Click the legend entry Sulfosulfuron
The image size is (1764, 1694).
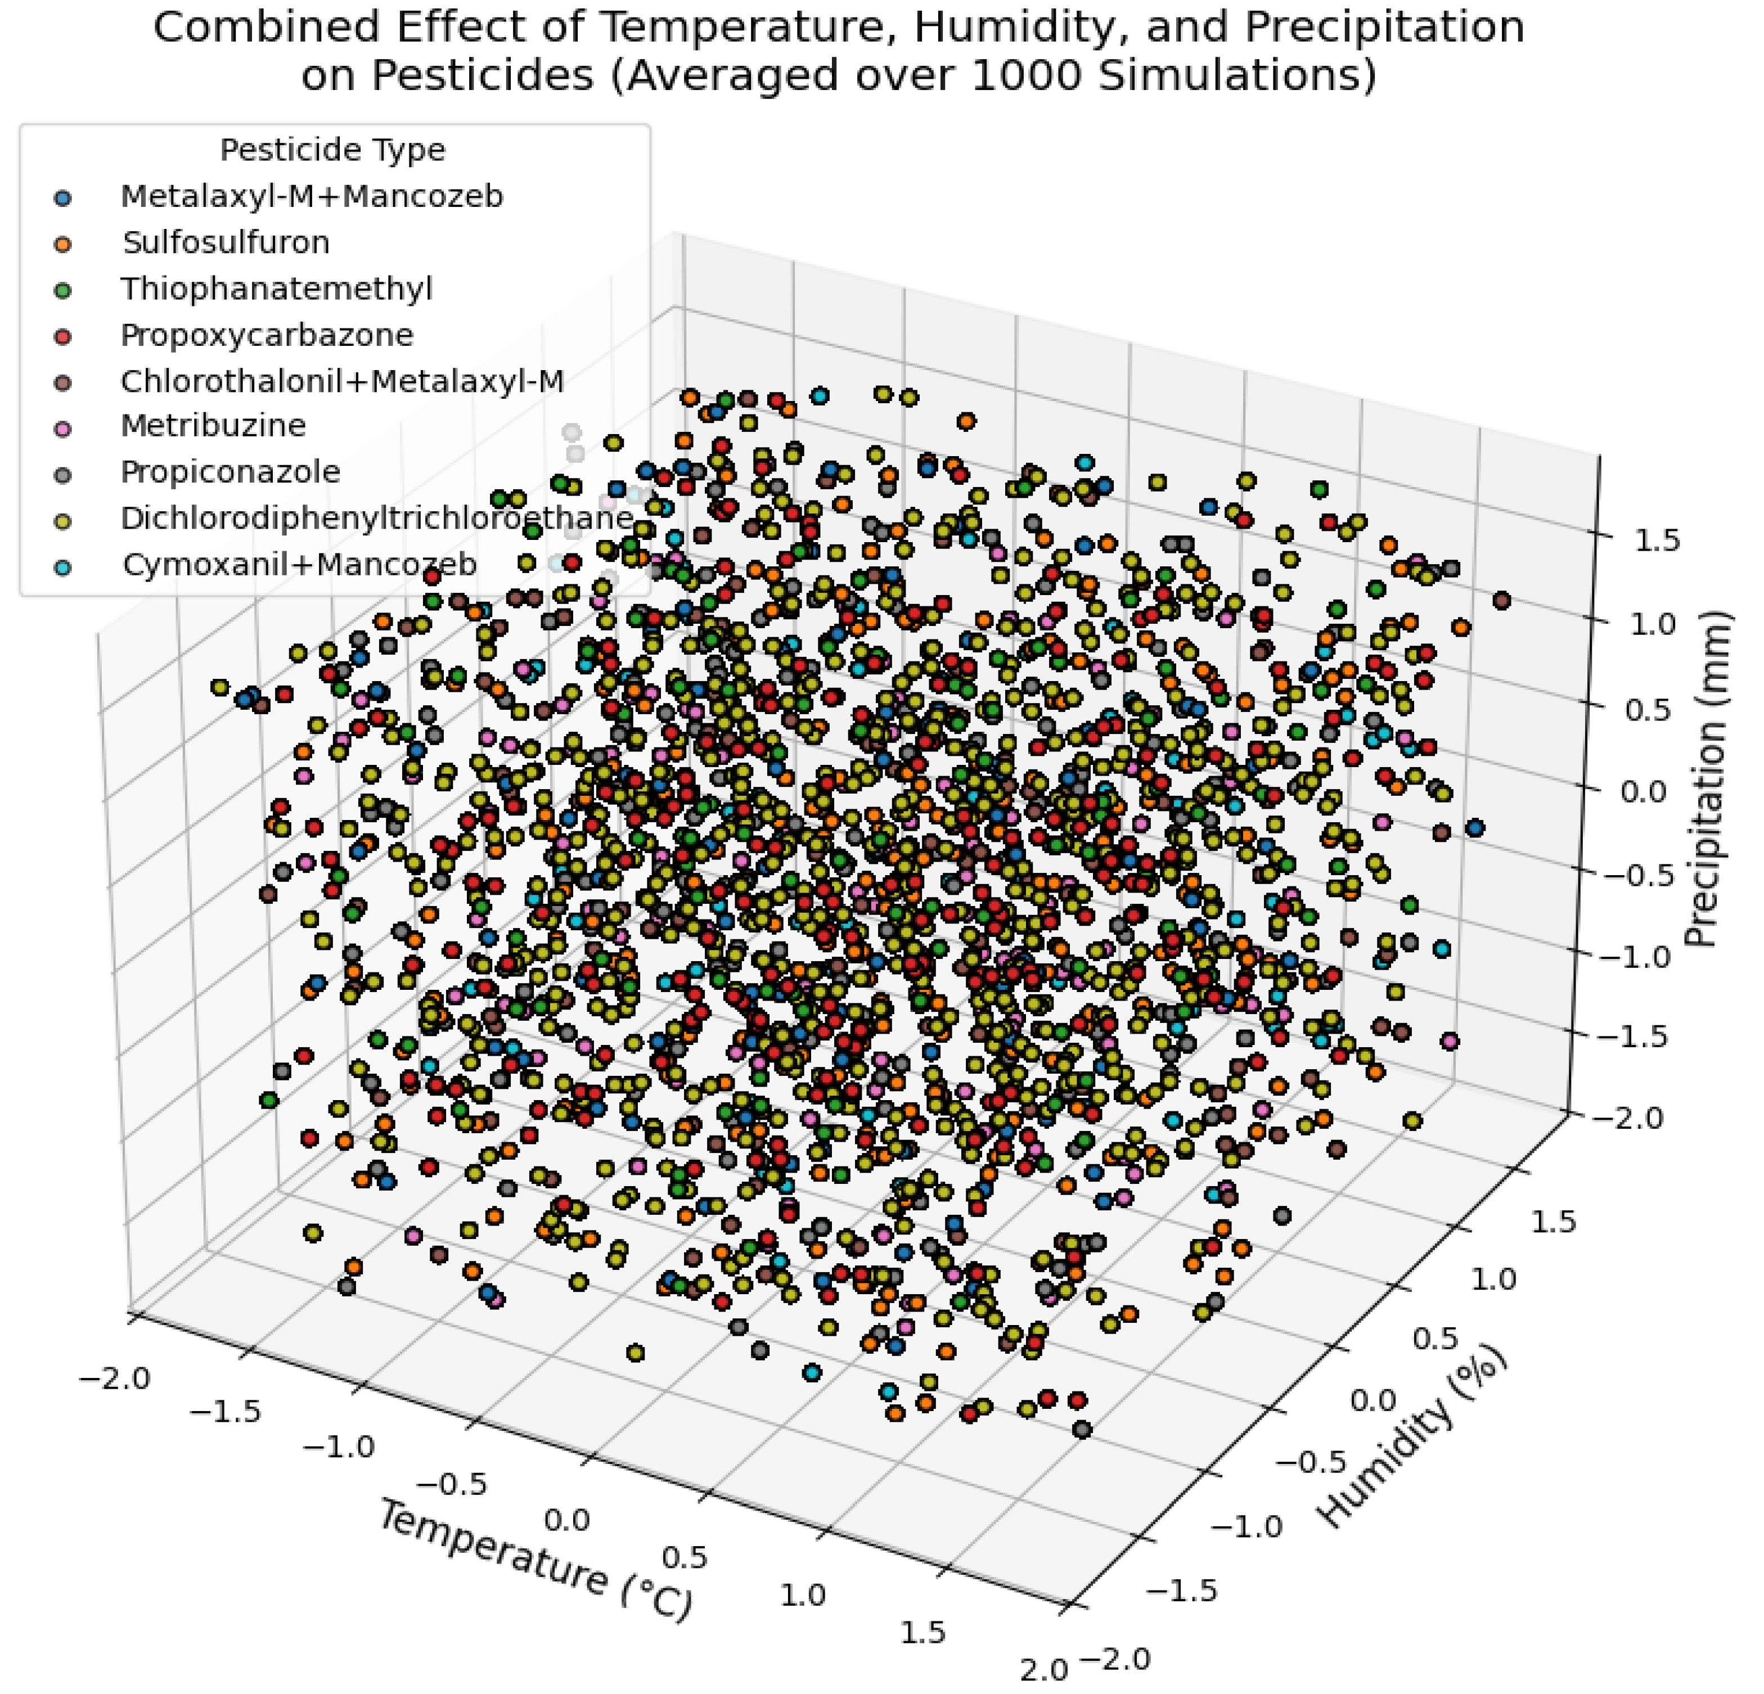point(226,243)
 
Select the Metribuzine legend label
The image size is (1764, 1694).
point(213,426)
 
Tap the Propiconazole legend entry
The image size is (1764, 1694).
point(231,472)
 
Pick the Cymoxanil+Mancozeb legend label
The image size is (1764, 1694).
point(300,564)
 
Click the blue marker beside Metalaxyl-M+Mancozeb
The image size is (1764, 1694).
point(63,197)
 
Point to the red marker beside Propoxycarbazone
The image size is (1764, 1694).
point(63,336)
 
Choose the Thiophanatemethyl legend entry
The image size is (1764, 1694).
point(276,289)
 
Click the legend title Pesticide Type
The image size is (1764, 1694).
point(332,150)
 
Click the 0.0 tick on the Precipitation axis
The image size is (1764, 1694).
point(1644,792)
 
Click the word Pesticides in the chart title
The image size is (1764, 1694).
point(483,75)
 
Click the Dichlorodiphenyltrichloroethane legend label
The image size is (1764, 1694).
point(377,519)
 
